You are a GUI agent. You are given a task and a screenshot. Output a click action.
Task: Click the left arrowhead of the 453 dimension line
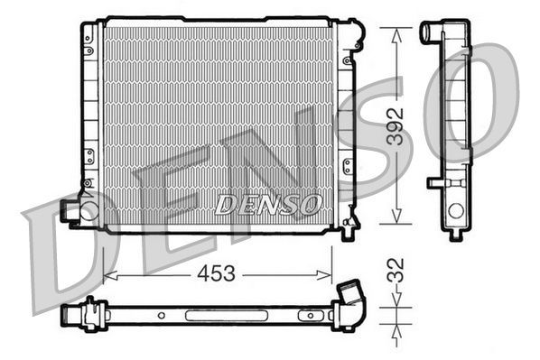pos(108,273)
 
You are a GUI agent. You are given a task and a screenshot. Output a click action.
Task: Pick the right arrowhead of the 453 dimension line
pos(328,273)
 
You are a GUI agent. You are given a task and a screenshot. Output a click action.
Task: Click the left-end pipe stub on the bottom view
pos(70,317)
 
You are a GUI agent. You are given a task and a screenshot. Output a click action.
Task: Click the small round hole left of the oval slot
pos(160,316)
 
